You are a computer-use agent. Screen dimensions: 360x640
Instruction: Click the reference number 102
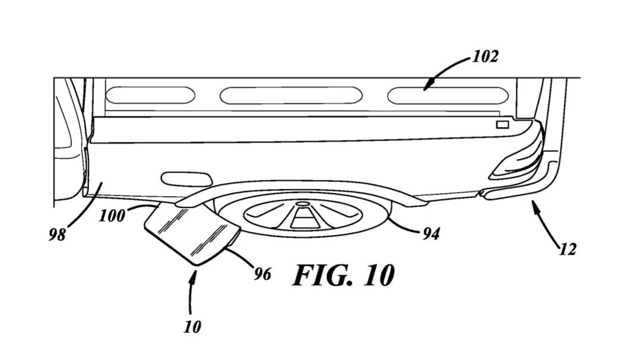pyautogui.click(x=485, y=57)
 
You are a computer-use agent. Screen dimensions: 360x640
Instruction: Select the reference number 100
pyautogui.click(x=112, y=214)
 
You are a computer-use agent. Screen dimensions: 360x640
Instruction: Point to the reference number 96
pyautogui.click(x=262, y=274)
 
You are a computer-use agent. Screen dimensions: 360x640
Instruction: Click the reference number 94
pyautogui.click(x=431, y=234)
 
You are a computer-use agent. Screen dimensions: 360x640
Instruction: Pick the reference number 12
pyautogui.click(x=568, y=250)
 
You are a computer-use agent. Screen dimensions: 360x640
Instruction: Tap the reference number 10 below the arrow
pyautogui.click(x=192, y=326)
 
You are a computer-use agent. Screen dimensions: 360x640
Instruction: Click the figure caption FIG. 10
pyautogui.click(x=343, y=276)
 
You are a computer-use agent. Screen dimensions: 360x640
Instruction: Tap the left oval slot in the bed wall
pyautogui.click(x=148, y=94)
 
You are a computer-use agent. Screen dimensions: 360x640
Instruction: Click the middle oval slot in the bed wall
pyautogui.click(x=290, y=95)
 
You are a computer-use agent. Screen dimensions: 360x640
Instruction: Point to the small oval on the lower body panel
pyautogui.click(x=186, y=178)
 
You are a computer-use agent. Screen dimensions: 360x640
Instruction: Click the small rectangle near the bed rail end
pyautogui.click(x=502, y=124)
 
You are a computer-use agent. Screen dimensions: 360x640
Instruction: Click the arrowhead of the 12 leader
pyautogui.click(x=534, y=206)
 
